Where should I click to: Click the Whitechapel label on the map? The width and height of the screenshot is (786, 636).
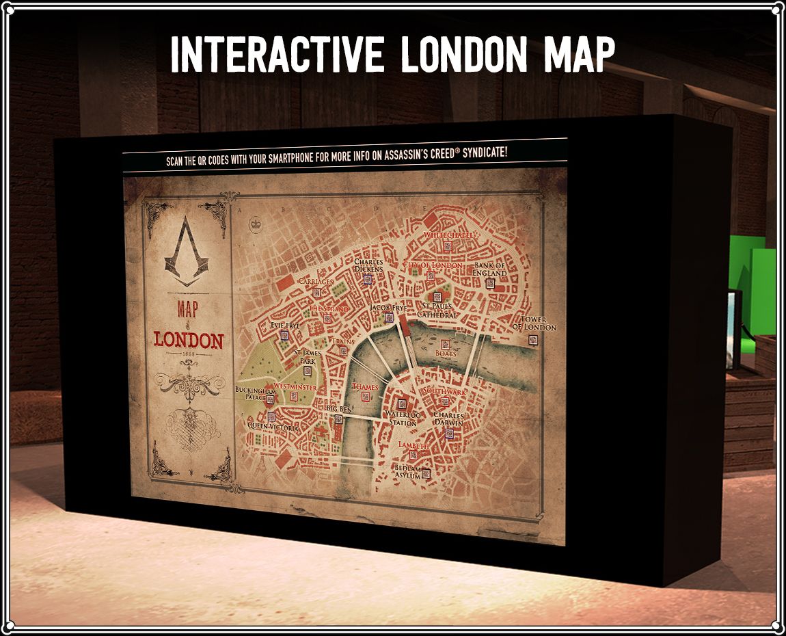pos(448,235)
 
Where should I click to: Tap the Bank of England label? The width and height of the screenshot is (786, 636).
pos(489,269)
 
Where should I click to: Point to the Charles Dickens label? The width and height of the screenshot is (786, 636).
pos(368,265)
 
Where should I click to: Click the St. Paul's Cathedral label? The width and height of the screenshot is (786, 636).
pos(437,310)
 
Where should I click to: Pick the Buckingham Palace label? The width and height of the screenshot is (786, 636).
pos(256,394)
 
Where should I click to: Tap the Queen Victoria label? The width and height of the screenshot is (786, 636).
pos(273,427)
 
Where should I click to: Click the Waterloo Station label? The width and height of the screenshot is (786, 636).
pos(403,419)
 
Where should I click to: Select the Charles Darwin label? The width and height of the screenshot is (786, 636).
pos(448,419)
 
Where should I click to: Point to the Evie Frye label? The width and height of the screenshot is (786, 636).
pos(285,326)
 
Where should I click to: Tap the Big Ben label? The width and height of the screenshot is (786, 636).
pos(340,408)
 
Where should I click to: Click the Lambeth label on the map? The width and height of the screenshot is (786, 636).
pos(414,445)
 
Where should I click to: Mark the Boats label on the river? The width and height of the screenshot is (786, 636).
pos(446,354)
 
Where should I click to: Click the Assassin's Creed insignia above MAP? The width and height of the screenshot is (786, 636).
pos(183,254)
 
